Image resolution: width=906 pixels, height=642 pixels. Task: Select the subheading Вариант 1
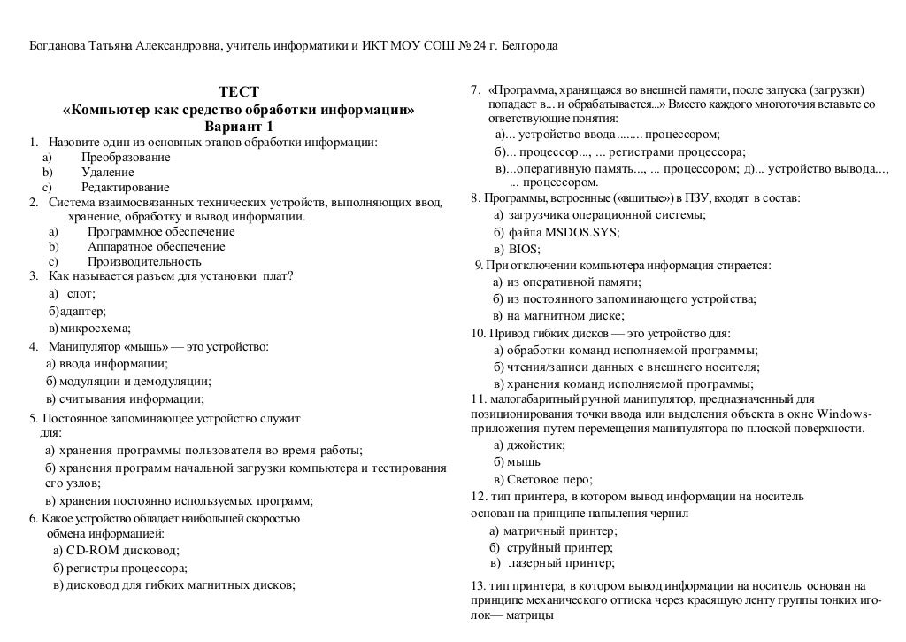[x=239, y=127]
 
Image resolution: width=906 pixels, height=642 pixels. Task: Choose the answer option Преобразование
[x=126, y=157]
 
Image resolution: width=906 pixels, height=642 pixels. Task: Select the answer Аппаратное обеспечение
[x=156, y=246]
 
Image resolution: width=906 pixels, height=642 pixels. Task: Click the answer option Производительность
[x=144, y=261]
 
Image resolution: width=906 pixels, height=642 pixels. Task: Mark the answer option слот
[x=81, y=294]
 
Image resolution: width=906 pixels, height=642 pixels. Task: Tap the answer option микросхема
[x=94, y=328]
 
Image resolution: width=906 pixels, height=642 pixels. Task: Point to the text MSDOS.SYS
[x=582, y=232]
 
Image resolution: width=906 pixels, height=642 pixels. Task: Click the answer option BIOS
[x=524, y=249]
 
